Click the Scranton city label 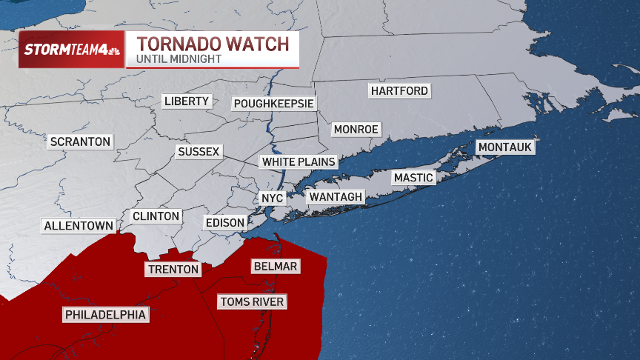click(80, 141)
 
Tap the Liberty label click(187, 101)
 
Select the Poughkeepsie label click(273, 104)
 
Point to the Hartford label click(399, 91)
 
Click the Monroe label click(356, 130)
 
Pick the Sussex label click(199, 152)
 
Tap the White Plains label click(299, 161)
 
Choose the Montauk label click(504, 147)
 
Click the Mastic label click(413, 178)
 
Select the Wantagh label click(336, 196)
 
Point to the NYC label click(267, 199)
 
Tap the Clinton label click(156, 216)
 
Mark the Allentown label click(79, 226)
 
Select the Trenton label click(173, 270)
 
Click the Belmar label click(275, 266)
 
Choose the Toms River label click(252, 302)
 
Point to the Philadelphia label click(105, 316)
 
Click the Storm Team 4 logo click(71, 50)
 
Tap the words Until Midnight click(179, 59)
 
